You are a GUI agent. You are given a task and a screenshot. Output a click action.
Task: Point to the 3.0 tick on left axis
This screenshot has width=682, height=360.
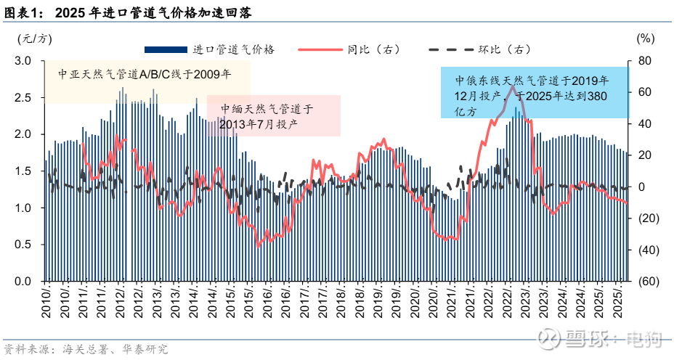(x=23, y=61)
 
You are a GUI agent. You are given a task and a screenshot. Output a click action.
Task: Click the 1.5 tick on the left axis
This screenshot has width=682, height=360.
(x=23, y=171)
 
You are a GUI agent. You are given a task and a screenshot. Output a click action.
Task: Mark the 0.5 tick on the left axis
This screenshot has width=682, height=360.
(x=23, y=245)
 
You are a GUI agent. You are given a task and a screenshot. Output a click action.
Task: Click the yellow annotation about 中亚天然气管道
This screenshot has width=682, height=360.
(x=145, y=74)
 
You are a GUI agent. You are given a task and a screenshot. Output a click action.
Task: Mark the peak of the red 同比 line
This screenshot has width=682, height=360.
(x=512, y=86)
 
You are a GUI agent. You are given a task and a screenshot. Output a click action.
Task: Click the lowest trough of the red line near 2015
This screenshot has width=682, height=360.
(x=257, y=246)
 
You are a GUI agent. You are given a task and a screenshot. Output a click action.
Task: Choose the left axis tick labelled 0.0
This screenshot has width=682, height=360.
(x=23, y=282)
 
